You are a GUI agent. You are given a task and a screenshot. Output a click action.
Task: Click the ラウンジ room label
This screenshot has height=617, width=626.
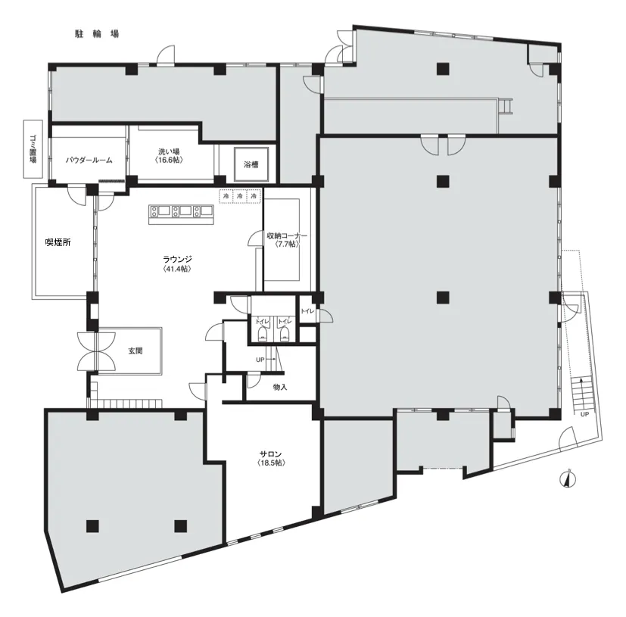coord(177,259)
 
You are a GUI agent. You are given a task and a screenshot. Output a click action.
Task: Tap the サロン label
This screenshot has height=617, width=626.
coord(270,454)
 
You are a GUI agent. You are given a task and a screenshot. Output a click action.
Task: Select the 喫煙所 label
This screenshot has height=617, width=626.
coord(58,242)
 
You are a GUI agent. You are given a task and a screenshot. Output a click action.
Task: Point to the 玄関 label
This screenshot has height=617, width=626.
coord(135,351)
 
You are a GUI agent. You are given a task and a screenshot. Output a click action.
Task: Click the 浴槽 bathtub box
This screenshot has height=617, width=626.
coord(251,164)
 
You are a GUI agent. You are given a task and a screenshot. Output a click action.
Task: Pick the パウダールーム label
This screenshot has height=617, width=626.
coord(89,160)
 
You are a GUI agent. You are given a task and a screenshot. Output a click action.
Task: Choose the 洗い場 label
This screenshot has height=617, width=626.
coord(169,151)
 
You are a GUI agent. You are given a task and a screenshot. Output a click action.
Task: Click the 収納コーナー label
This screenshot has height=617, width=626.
coord(287,235)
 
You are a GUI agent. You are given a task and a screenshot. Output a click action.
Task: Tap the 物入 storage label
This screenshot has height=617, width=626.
coord(280,387)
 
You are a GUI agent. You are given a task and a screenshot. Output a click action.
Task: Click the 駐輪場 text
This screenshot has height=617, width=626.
coord(97,34)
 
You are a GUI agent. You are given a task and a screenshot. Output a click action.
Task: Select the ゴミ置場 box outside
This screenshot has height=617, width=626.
coord(33,149)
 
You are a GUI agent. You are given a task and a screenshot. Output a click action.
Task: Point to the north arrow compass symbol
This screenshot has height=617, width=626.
coord(569,478)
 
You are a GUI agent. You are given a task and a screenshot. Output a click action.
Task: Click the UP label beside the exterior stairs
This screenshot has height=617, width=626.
coord(584,414)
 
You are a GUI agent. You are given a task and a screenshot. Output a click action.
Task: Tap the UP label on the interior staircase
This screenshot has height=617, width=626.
coord(260,360)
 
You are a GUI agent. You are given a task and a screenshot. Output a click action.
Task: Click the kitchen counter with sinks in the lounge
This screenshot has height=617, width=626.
coord(182,214)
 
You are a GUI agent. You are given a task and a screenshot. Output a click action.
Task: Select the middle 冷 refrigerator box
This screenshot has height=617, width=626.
coord(240,196)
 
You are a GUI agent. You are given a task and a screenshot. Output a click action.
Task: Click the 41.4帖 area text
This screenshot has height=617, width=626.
coord(177,269)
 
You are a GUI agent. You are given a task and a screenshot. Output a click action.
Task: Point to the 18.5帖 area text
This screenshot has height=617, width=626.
coord(272,463)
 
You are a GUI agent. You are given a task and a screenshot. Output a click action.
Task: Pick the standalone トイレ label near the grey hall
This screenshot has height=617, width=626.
coord(307,311)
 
